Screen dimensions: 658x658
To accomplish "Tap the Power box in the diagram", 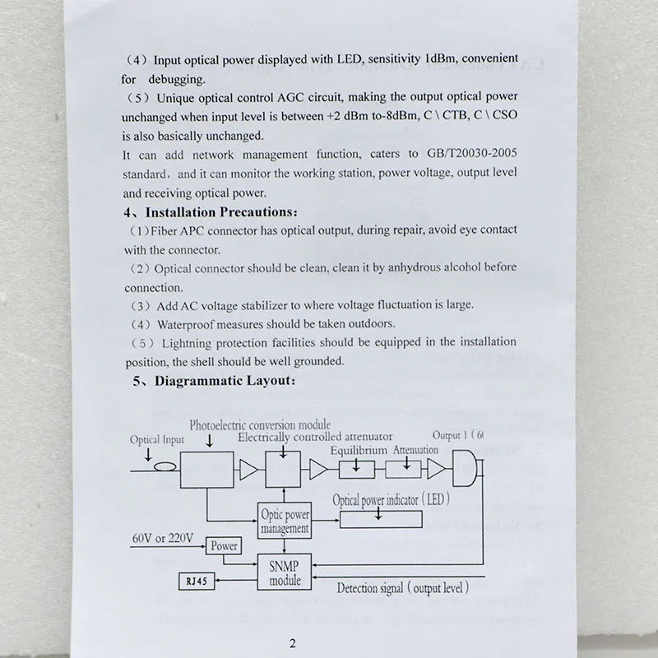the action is [223, 545].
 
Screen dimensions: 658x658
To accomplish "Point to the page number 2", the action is [292, 644].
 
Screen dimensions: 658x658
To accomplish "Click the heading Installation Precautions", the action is [210, 212].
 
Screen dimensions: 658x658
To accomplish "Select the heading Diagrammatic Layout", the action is [216, 382].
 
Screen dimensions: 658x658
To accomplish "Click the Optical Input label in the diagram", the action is [157, 440].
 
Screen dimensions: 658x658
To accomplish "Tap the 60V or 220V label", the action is [163, 539].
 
